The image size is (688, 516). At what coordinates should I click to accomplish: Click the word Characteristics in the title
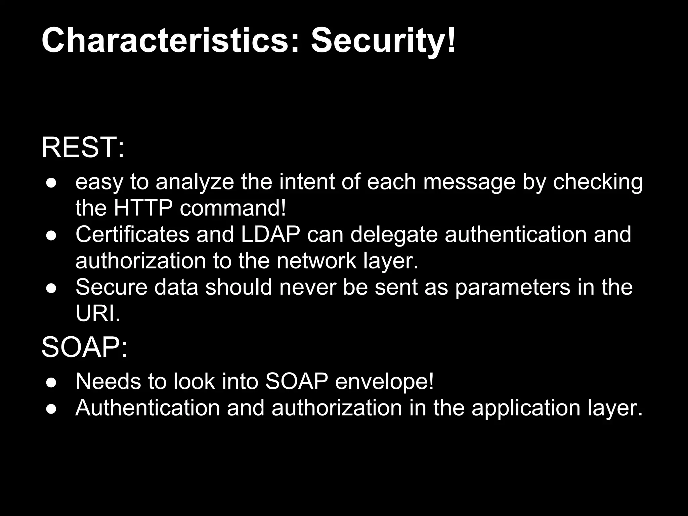click(x=165, y=41)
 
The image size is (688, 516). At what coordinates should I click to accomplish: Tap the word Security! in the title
click(x=383, y=41)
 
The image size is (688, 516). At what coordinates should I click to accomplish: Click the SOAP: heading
click(x=84, y=347)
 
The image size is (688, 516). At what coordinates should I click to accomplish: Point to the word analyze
click(x=195, y=182)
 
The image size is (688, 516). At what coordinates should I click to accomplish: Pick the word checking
click(x=598, y=182)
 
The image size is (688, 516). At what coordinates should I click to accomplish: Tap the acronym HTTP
click(x=143, y=208)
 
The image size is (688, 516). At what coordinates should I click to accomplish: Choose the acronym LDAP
click(x=270, y=234)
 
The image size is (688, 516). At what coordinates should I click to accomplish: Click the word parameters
click(x=513, y=288)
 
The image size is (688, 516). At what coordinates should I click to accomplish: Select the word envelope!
click(x=384, y=382)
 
